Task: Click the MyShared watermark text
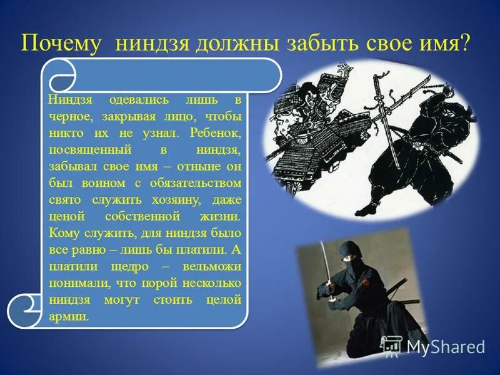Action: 445,346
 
